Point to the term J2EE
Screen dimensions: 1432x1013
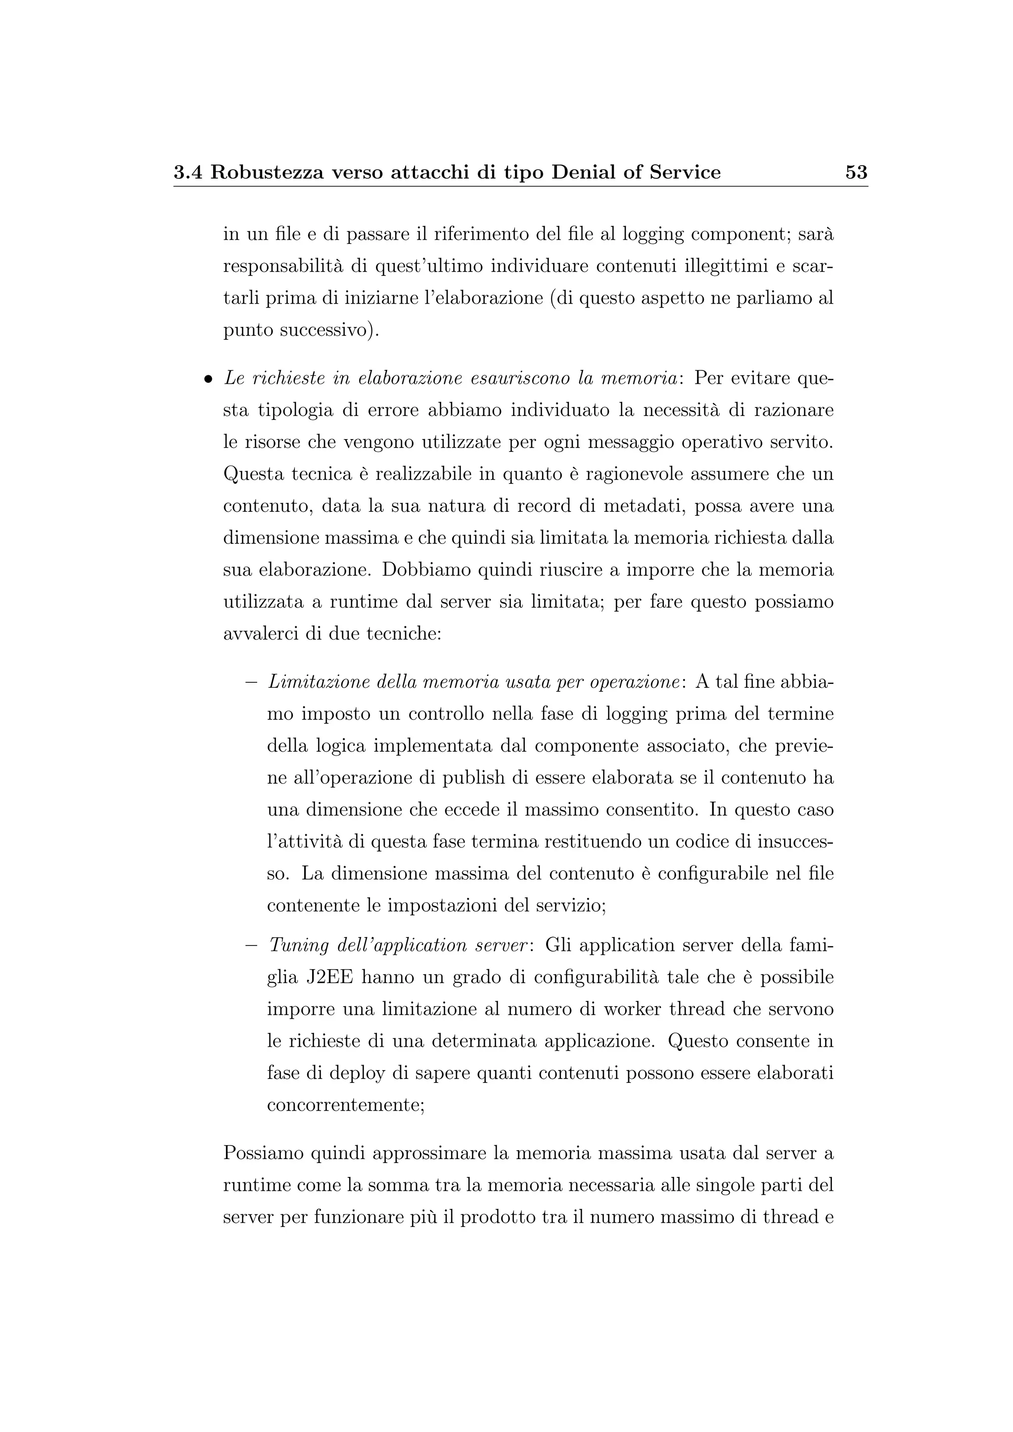330,977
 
